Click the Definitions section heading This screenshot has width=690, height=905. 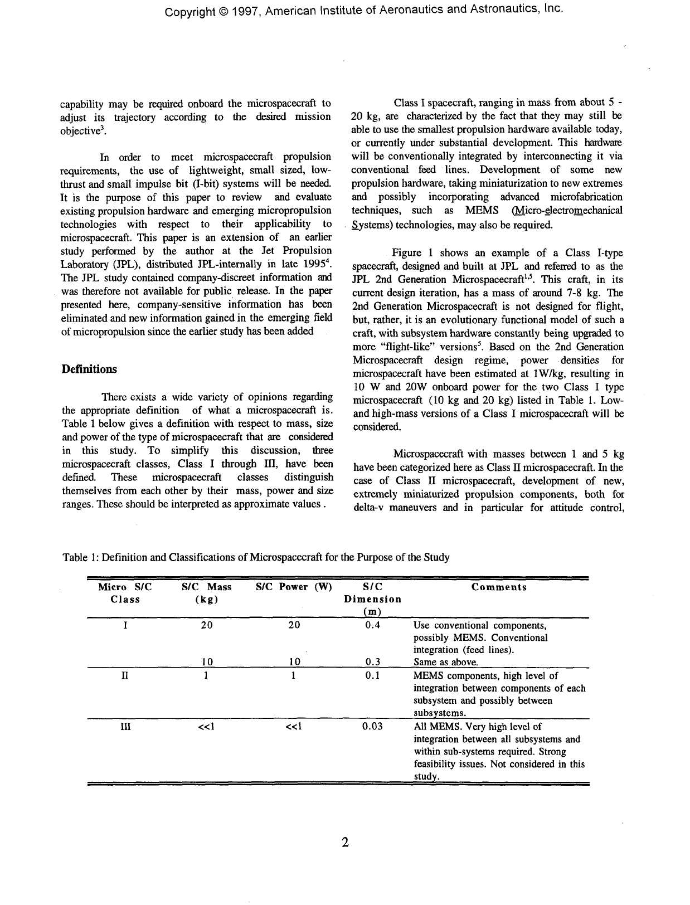[89, 369]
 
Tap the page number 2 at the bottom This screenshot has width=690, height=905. [345, 842]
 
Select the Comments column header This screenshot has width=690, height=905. [499, 587]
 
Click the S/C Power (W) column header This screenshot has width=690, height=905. [294, 587]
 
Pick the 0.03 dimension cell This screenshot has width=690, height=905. [372, 727]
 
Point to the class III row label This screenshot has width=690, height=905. [125, 727]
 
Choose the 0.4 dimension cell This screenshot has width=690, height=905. [372, 625]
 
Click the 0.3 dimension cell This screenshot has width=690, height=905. [372, 662]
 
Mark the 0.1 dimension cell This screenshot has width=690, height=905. [372, 675]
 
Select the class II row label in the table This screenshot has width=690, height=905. [125, 675]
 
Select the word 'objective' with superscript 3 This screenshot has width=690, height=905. [79, 131]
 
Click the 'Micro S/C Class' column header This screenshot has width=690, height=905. [125, 593]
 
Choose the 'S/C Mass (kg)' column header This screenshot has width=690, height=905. [207, 593]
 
